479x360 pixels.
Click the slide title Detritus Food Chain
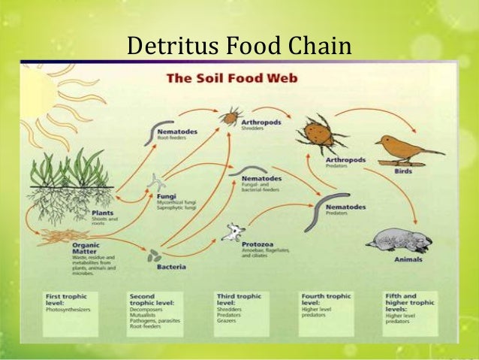239,46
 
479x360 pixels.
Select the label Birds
402,171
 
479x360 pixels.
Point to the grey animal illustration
399,240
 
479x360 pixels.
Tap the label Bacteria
171,267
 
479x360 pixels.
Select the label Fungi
166,196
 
